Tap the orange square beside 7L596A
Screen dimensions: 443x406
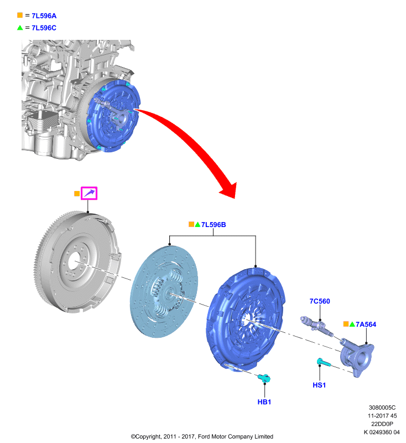(20, 16)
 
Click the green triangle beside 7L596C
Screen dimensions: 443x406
(20, 27)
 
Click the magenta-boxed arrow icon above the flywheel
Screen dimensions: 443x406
(89, 193)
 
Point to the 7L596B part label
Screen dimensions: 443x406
(214, 224)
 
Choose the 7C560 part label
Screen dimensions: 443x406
(319, 301)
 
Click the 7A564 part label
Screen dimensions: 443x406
(366, 324)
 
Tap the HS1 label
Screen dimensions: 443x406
(320, 384)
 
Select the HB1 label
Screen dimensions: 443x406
(263, 401)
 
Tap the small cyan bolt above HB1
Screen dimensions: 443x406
(264, 378)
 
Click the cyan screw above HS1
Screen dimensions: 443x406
(323, 363)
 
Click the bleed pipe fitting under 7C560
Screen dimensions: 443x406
(315, 325)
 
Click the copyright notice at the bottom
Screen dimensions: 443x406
(202, 436)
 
